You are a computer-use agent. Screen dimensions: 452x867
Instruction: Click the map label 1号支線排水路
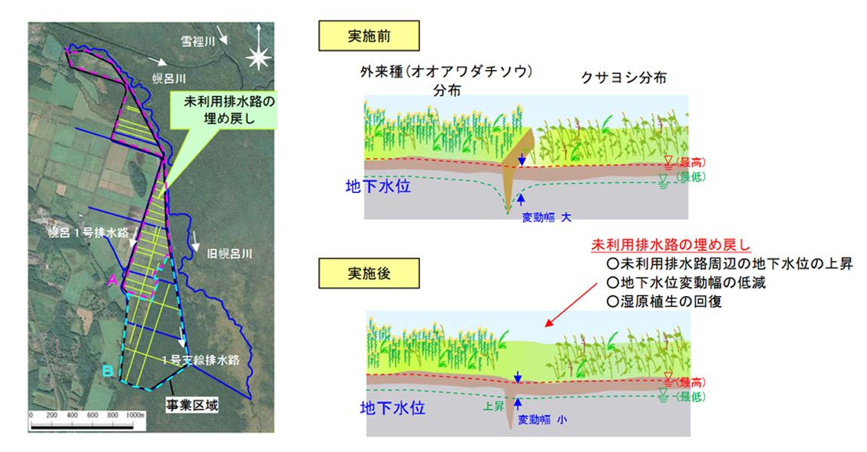tap(204, 360)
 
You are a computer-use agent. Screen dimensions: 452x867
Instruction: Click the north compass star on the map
tap(259, 56)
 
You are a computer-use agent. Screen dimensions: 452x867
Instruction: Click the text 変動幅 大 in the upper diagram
tap(547, 216)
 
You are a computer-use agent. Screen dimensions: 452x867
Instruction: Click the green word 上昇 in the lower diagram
tap(493, 405)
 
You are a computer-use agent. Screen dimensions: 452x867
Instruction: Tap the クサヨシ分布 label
tap(623, 78)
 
